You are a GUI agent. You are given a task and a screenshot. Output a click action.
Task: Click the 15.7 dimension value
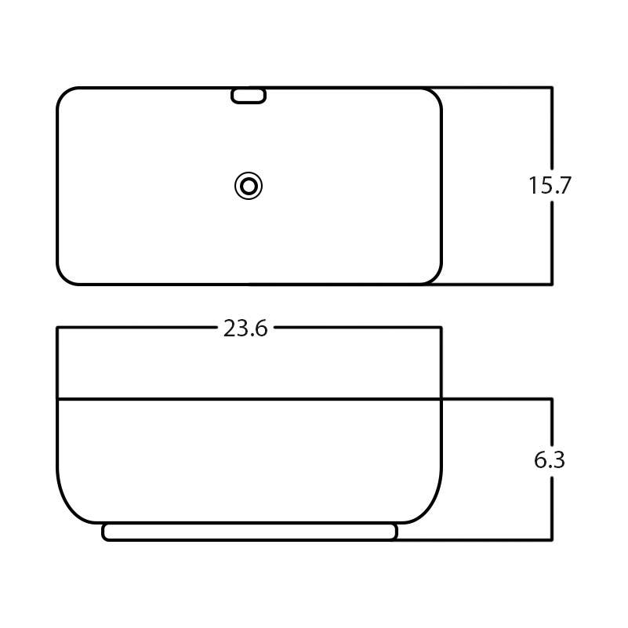[x=550, y=186]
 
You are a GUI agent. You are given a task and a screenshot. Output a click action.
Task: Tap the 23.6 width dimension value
[x=245, y=329]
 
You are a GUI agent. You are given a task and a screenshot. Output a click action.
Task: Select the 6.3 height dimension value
[x=550, y=460]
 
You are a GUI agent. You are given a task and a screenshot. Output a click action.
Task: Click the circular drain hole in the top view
[x=249, y=186]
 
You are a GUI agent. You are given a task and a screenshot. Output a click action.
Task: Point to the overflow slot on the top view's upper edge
[x=249, y=96]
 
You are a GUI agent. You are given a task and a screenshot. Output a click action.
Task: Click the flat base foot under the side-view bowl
[x=249, y=532]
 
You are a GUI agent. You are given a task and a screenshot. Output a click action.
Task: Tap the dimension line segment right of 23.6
[x=357, y=328]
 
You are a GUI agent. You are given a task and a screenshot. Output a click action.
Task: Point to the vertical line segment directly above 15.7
[x=553, y=129]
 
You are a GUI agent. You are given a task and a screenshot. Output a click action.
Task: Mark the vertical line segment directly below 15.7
[x=553, y=243]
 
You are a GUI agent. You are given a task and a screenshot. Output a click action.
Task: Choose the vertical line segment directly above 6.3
[x=553, y=423]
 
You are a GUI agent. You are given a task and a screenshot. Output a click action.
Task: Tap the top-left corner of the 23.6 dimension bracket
[x=57, y=328]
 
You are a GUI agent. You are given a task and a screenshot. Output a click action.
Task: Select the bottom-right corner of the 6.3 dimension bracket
[x=553, y=539]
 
